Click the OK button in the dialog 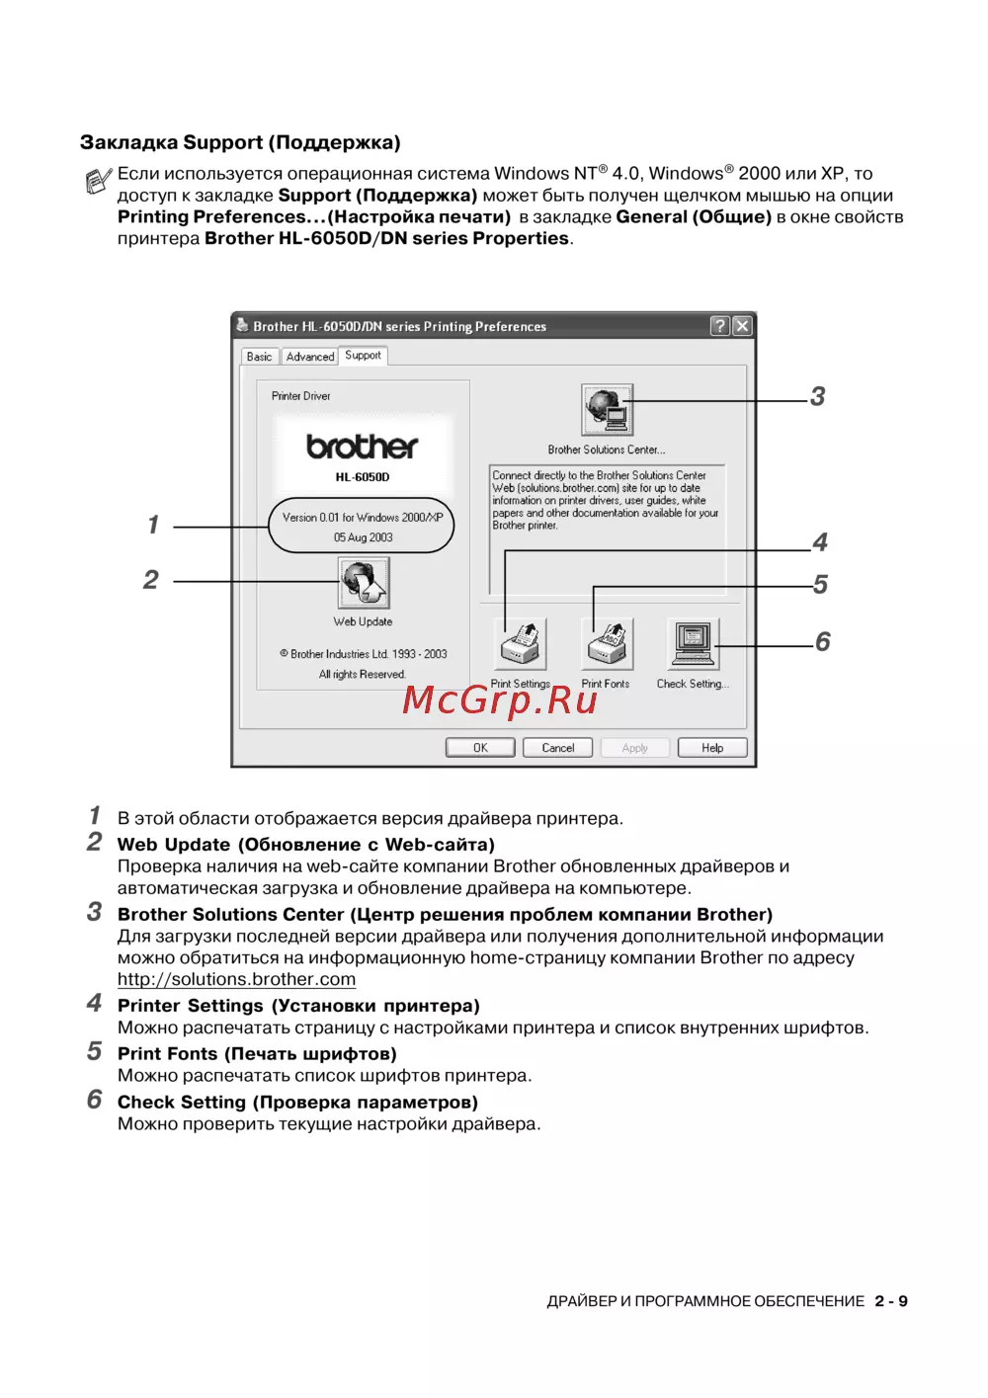480,748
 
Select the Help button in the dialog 712,748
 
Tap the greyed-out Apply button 634,748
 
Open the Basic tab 260,357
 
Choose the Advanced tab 310,357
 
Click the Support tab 363,356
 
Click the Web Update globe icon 364,583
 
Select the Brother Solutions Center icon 607,410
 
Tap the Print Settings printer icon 521,644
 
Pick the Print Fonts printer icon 608,644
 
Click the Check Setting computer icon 694,644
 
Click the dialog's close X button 742,326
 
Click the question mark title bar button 720,326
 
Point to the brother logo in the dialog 363,447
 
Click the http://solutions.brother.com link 236,979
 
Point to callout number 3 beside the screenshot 817,397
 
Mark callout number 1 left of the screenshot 153,525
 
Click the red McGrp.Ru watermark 500,699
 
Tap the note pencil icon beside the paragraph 98,181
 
